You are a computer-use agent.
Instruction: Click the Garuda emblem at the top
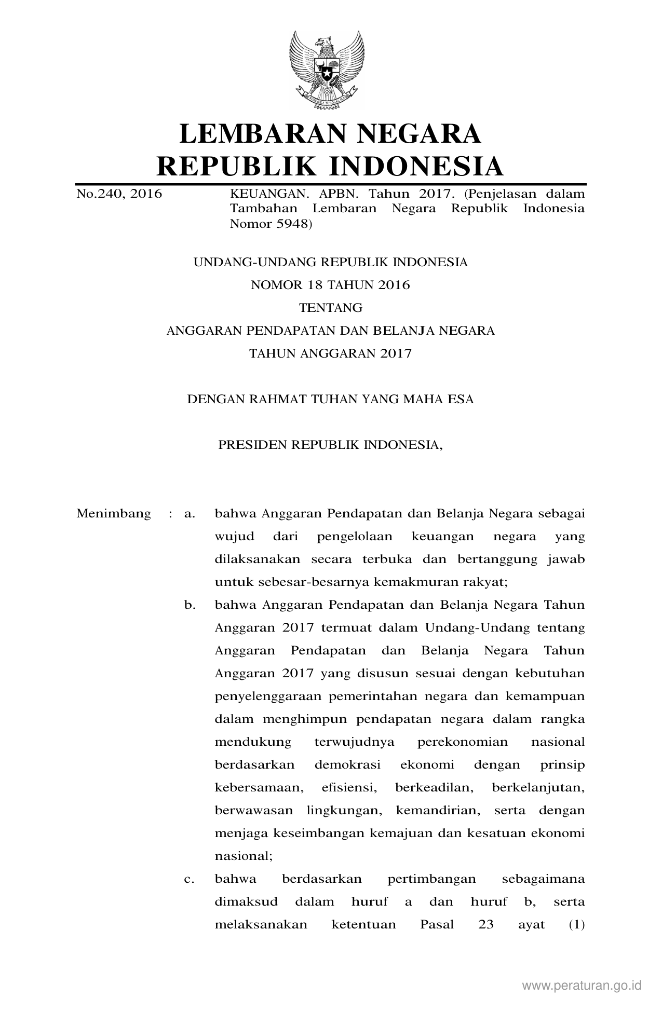tap(327, 69)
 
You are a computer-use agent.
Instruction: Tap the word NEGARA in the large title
tap(429, 133)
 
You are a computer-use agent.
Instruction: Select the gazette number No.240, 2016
tap(119, 194)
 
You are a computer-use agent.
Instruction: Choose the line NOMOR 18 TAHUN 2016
tap(330, 285)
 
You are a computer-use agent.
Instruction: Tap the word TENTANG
tap(330, 308)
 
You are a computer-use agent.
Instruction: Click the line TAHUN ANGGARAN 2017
tap(330, 353)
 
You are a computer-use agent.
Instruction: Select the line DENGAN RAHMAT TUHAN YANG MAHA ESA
tap(330, 400)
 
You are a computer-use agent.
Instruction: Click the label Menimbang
tap(114, 514)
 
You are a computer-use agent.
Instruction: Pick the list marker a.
tap(189, 514)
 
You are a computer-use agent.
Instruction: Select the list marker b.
tap(189, 605)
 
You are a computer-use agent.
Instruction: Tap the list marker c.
tap(189, 879)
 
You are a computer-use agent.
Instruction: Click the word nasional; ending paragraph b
tap(244, 856)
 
